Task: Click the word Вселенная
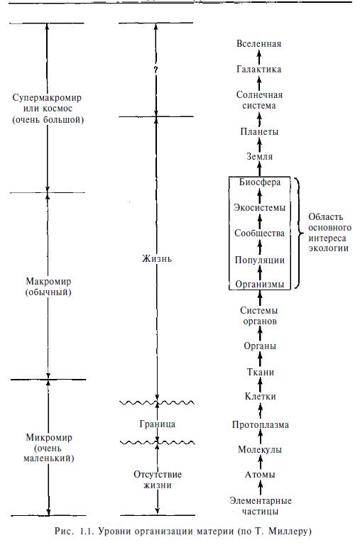(x=258, y=44)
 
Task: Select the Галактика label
(x=258, y=69)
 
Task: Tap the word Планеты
(x=259, y=132)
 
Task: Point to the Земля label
(x=259, y=156)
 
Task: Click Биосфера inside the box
(x=260, y=182)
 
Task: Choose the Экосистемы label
(x=260, y=207)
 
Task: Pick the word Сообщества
(x=260, y=233)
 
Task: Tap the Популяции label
(x=260, y=260)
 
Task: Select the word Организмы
(x=260, y=285)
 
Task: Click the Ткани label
(x=261, y=373)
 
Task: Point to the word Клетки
(x=260, y=396)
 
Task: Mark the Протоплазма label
(x=261, y=425)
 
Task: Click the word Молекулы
(x=260, y=449)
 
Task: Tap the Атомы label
(x=260, y=475)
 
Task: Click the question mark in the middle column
(x=156, y=70)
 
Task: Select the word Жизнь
(x=157, y=259)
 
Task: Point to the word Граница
(x=157, y=424)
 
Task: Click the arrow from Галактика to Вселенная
(x=258, y=57)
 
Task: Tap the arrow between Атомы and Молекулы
(x=260, y=462)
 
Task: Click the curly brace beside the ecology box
(x=296, y=233)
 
